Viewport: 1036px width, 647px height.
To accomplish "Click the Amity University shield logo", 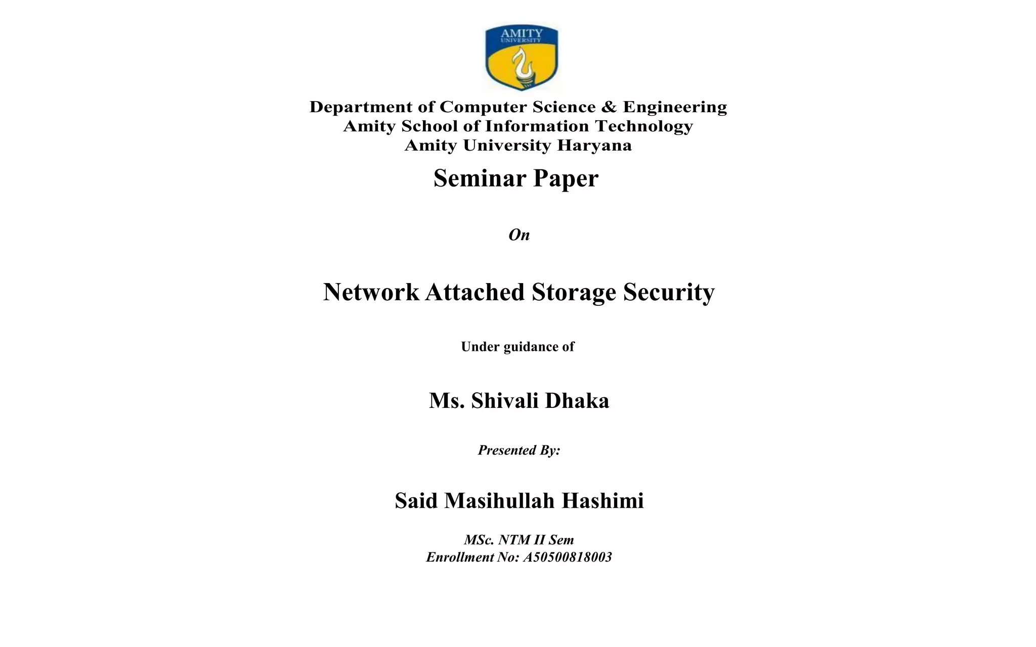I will tap(522, 58).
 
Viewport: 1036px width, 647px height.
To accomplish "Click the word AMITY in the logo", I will tap(522, 33).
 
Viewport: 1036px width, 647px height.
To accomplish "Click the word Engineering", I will tap(675, 107).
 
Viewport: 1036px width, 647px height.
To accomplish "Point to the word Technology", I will tap(643, 126).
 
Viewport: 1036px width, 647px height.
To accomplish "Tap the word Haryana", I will tap(594, 146).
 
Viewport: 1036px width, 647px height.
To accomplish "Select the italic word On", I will tap(519, 235).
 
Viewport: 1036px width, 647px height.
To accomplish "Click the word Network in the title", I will tap(371, 292).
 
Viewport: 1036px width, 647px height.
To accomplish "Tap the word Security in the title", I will tap(669, 292).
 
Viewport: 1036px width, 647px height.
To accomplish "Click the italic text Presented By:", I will tap(519, 450).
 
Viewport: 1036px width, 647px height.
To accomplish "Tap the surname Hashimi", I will tap(602, 501).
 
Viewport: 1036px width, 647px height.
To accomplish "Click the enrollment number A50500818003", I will tap(567, 558).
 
